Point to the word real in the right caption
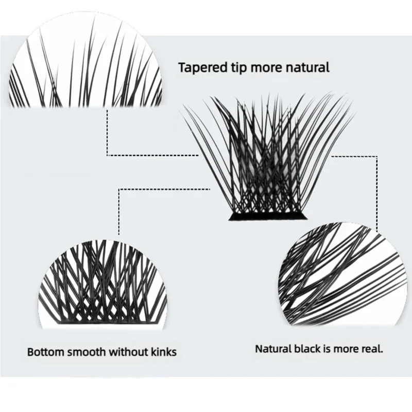tap(373, 349)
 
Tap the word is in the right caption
tap(328, 349)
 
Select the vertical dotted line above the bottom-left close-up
tap(119, 211)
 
